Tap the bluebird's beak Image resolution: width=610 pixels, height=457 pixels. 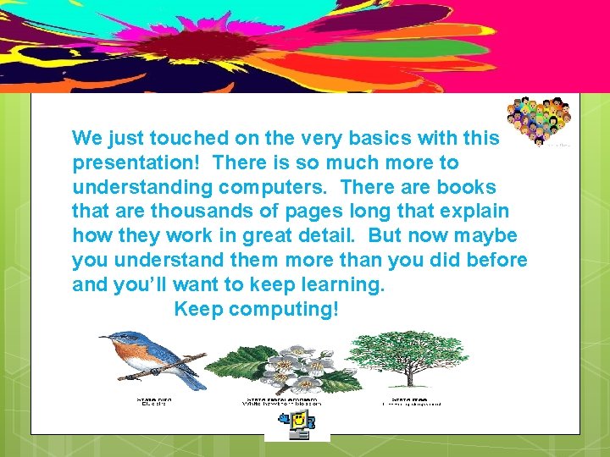[x=103, y=338]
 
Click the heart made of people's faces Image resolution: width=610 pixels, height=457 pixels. [x=539, y=121]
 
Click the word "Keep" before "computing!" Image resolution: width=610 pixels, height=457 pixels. [x=199, y=309]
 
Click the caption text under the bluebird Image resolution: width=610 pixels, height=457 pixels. [x=153, y=400]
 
